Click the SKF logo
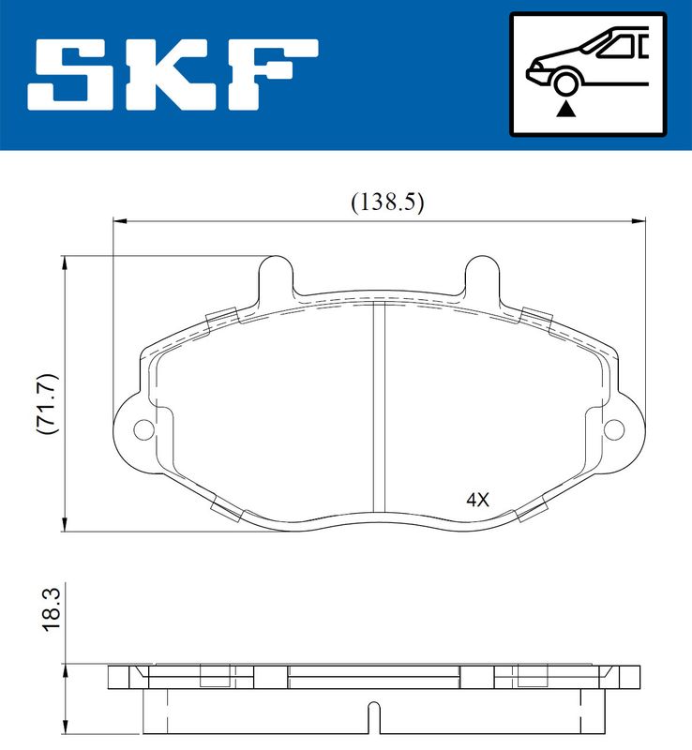pyautogui.click(x=173, y=74)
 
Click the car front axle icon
pyautogui.click(x=588, y=74)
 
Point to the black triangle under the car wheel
pyautogui.click(x=565, y=110)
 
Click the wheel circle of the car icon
pyautogui.click(x=565, y=83)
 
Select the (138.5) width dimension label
pyautogui.click(x=387, y=202)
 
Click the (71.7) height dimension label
pyautogui.click(x=48, y=403)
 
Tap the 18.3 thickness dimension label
pyautogui.click(x=52, y=609)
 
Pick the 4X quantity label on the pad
pyautogui.click(x=477, y=500)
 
